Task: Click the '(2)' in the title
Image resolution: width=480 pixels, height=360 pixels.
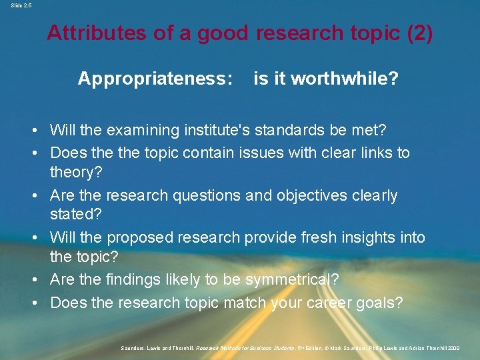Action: tap(419, 33)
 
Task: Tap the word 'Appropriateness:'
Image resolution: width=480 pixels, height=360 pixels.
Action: tap(155, 79)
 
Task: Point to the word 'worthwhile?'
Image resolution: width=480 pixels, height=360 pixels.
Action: tap(345, 79)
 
